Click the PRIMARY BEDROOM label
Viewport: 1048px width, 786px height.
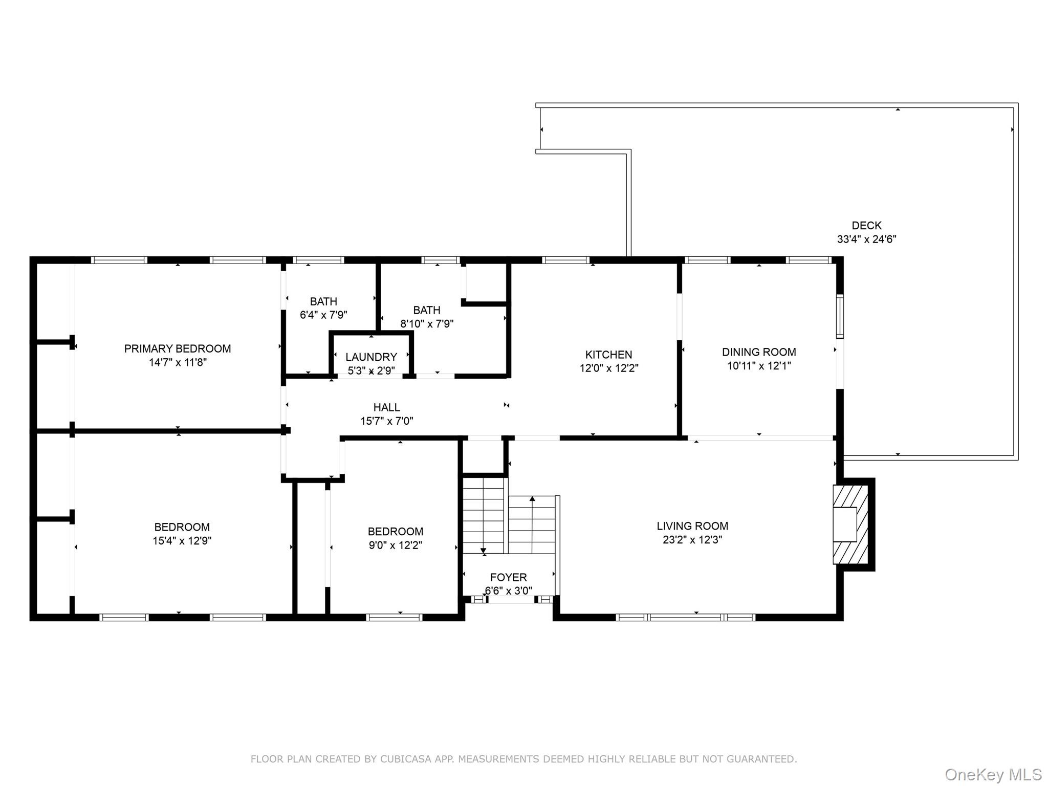point(177,348)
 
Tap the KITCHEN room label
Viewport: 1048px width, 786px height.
point(608,355)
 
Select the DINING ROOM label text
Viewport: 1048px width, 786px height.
point(758,352)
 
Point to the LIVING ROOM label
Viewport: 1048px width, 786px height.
point(692,526)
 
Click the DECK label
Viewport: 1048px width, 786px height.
point(866,226)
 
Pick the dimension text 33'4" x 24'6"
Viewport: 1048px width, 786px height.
point(866,239)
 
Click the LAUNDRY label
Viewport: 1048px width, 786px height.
point(371,357)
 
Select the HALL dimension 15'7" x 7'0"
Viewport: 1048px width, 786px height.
point(386,421)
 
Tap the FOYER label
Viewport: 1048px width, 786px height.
point(508,577)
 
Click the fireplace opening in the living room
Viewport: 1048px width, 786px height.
point(844,525)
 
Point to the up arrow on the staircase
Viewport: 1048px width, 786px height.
point(532,498)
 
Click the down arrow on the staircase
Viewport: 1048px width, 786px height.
point(484,551)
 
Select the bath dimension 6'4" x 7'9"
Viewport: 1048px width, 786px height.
point(323,315)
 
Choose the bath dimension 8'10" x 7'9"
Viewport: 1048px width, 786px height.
point(427,324)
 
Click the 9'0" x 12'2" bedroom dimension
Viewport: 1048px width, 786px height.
point(395,545)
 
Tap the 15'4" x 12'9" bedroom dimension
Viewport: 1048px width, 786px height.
point(182,541)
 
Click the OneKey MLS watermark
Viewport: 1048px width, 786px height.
point(993,775)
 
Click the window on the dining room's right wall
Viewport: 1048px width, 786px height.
point(840,316)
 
